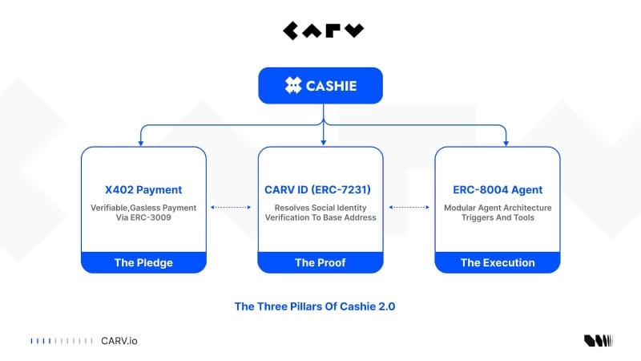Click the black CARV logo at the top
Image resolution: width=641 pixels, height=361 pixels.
(x=323, y=31)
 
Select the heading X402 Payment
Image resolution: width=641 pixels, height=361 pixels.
(x=143, y=190)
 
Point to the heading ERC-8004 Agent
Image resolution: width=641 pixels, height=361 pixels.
(x=497, y=190)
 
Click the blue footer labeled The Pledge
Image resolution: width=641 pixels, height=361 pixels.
(x=143, y=262)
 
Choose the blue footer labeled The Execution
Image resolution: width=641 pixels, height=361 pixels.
(x=497, y=262)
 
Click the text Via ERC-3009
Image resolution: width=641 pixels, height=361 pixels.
(x=143, y=217)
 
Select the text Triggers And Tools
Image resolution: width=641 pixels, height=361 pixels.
(x=497, y=217)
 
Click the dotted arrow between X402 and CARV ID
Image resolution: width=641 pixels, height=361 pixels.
(x=232, y=207)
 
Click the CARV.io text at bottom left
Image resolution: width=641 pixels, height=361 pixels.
(x=119, y=341)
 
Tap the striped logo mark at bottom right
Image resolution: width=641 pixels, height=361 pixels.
(x=598, y=341)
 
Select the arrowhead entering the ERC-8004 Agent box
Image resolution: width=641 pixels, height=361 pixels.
(x=506, y=144)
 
